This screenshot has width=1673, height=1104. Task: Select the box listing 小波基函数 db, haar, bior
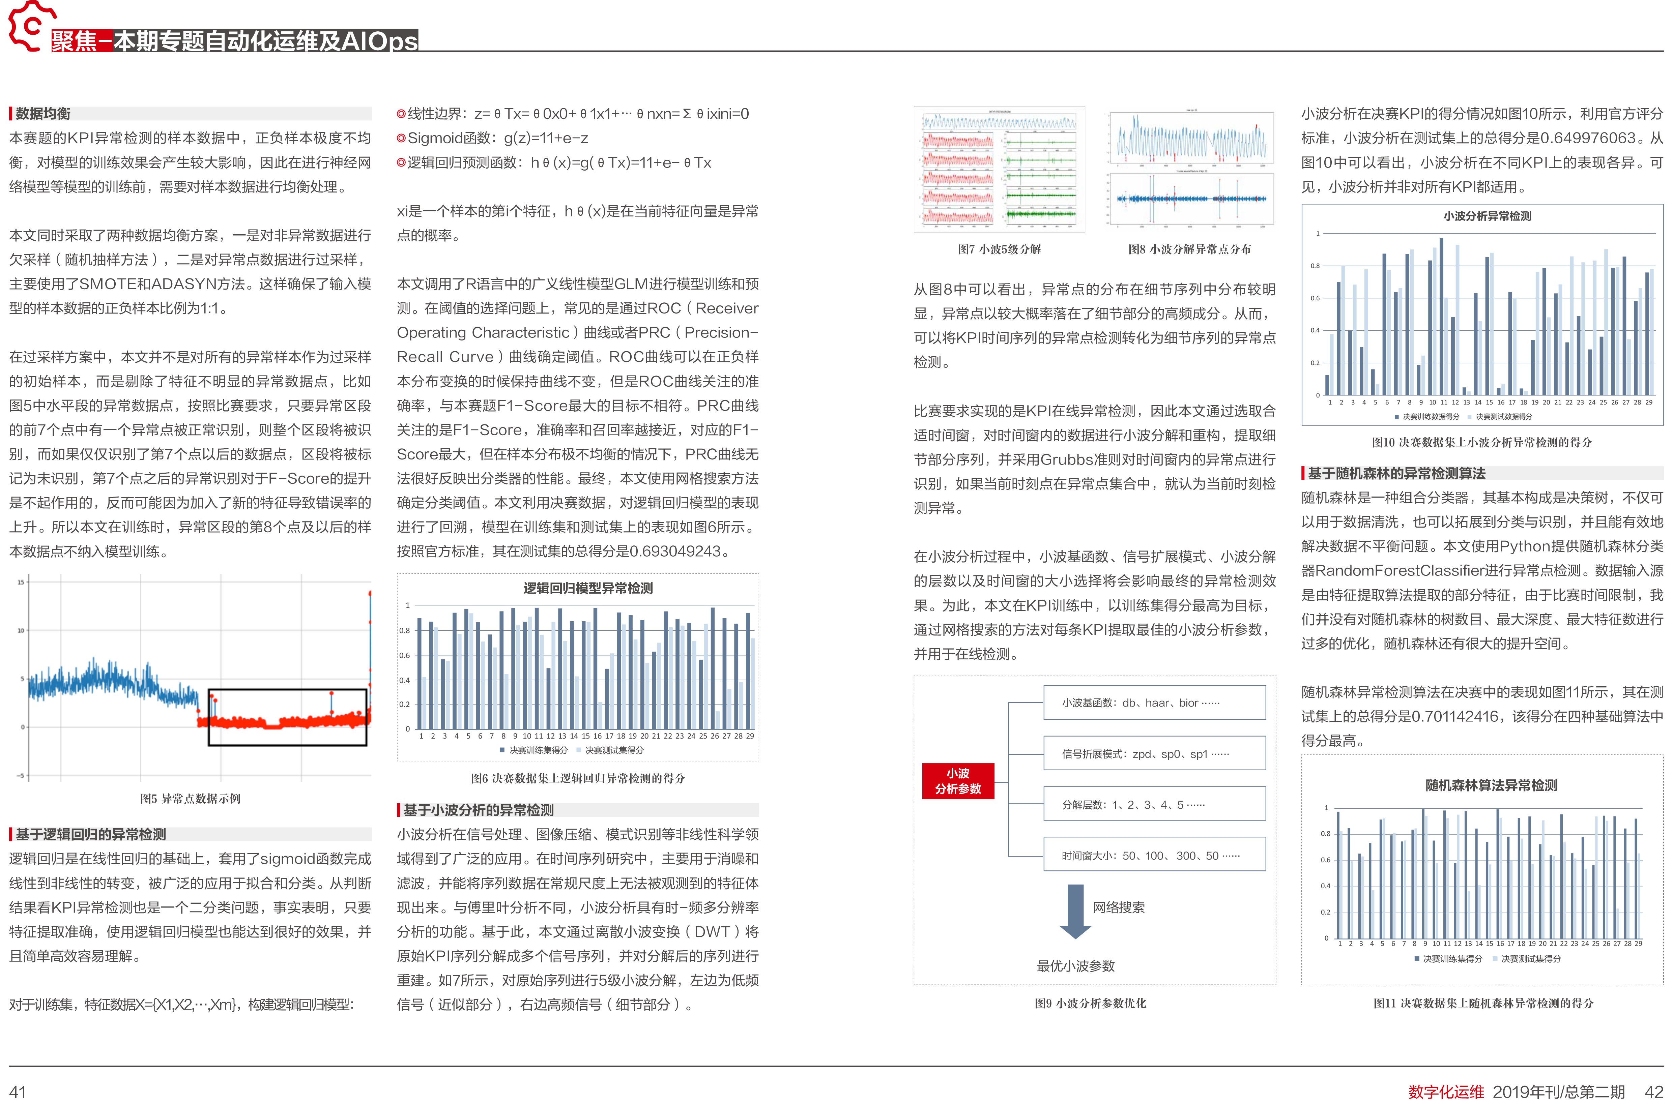click(1154, 703)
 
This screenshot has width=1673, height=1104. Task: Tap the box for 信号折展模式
click(1154, 754)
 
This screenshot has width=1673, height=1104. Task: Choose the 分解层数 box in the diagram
click(1154, 805)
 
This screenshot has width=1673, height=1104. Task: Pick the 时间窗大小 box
click(1154, 856)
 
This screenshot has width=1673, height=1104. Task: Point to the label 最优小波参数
click(1076, 966)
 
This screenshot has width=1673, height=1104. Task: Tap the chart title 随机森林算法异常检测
click(1491, 785)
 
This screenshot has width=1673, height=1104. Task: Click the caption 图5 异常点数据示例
click(190, 799)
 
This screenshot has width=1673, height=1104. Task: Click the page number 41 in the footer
click(18, 1091)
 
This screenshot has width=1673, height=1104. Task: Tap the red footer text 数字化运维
click(1445, 1091)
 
